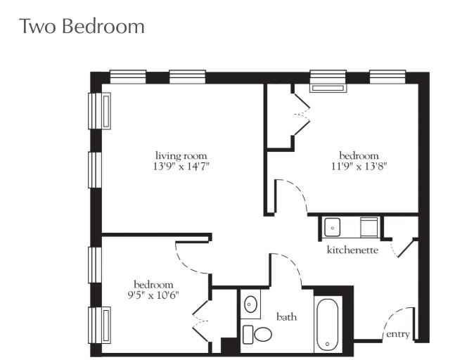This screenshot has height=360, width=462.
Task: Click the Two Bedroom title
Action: (82, 26)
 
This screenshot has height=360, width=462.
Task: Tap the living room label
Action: (181, 155)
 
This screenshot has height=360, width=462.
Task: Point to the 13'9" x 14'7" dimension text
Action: (181, 167)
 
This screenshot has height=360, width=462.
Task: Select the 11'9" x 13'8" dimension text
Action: (359, 167)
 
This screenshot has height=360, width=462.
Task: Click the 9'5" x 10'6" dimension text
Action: (153, 295)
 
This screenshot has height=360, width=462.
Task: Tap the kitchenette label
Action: (353, 250)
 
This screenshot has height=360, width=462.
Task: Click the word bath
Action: (286, 317)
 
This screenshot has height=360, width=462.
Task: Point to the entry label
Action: (398, 335)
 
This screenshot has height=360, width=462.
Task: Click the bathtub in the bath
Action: (328, 324)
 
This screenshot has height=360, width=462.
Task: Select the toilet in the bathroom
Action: (257, 335)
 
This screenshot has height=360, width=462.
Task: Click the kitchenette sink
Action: (332, 227)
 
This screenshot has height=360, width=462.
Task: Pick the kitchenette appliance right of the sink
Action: (369, 227)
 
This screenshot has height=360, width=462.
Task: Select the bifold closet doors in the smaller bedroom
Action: (200, 321)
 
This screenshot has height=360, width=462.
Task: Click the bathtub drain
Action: (328, 344)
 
